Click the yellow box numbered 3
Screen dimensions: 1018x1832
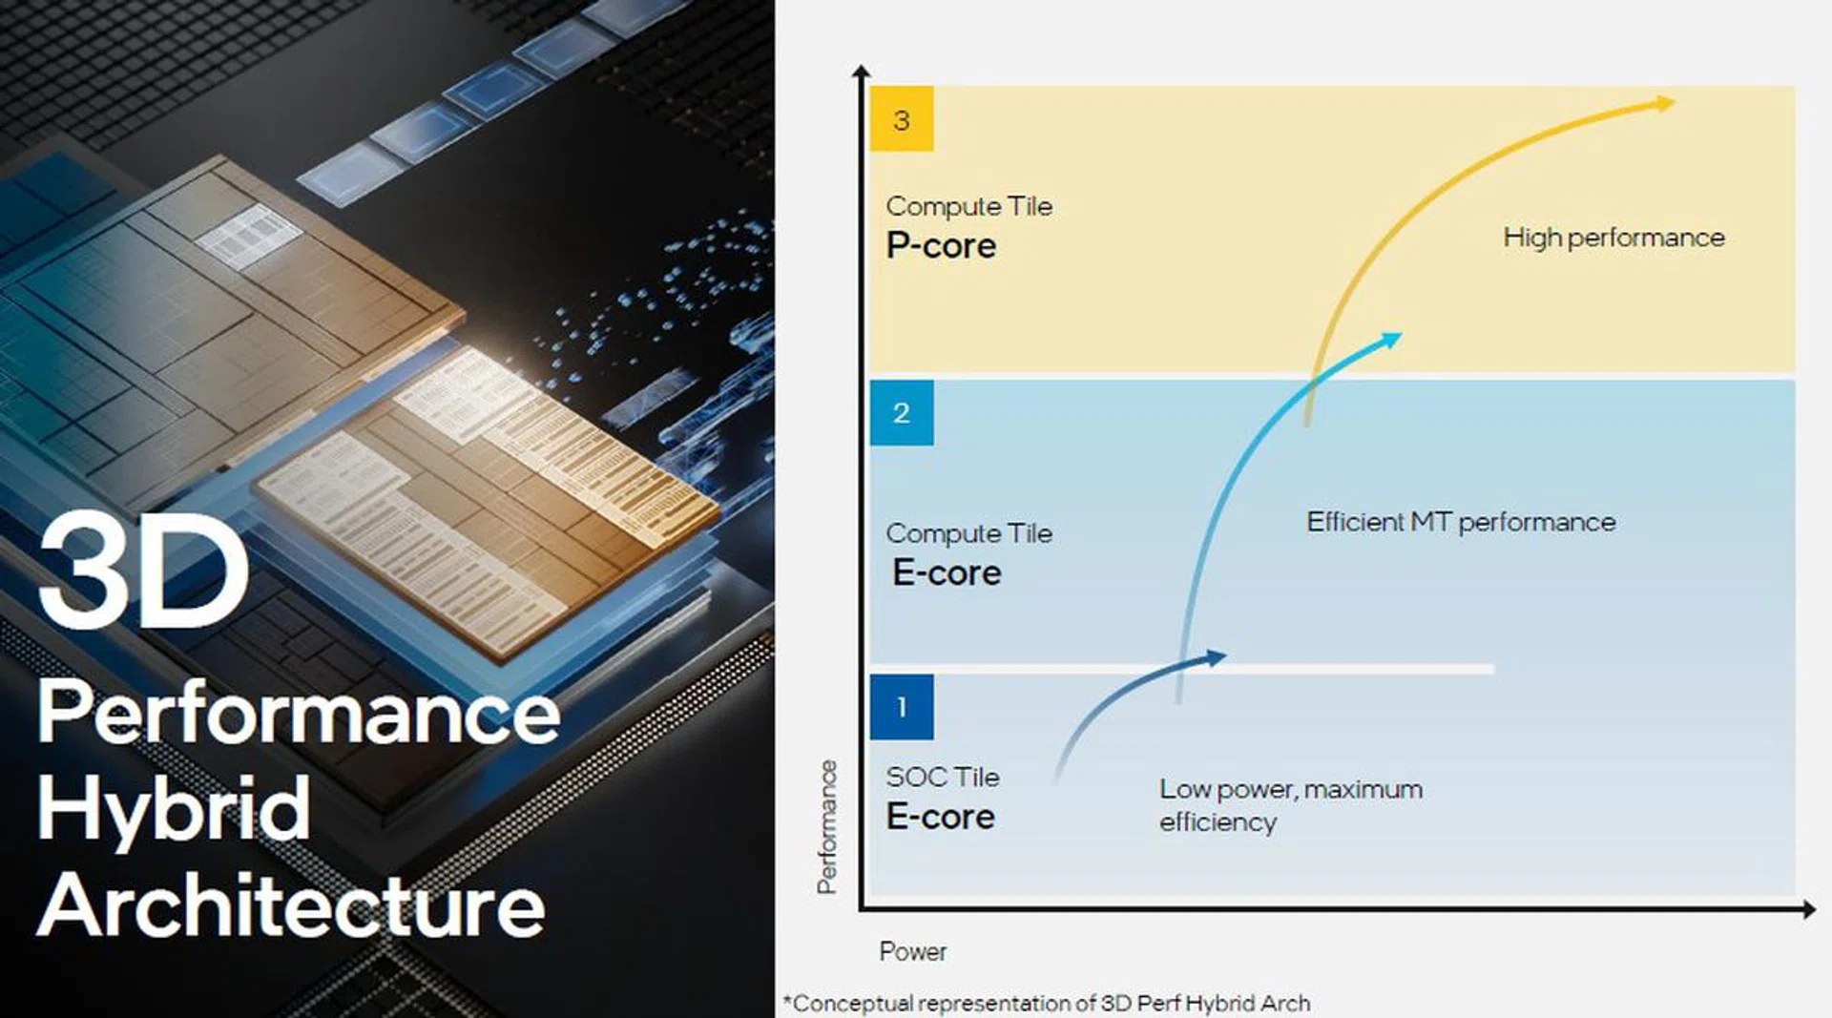click(x=901, y=119)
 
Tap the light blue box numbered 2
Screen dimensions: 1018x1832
click(x=901, y=412)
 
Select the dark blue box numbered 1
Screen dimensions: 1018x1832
click(x=901, y=707)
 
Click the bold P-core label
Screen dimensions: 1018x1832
click(x=941, y=246)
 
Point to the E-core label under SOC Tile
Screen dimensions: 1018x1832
click(x=940, y=817)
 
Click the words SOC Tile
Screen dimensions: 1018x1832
click(x=942, y=777)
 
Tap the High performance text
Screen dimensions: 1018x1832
click(x=1613, y=238)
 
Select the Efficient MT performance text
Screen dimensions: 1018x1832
click(x=1460, y=522)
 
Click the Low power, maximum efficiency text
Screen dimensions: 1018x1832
click(x=1290, y=805)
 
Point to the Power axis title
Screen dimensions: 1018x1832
click(x=912, y=951)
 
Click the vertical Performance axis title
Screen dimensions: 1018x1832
click(x=826, y=827)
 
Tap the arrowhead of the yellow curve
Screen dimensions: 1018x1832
click(x=1665, y=102)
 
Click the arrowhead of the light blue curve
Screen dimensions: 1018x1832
click(x=1392, y=339)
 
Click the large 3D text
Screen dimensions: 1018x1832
click(x=143, y=570)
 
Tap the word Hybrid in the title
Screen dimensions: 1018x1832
click(x=174, y=809)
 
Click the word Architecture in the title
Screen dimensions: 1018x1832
click(x=291, y=905)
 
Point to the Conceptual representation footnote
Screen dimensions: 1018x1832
click(x=1047, y=1004)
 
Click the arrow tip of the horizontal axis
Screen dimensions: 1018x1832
click(x=1809, y=910)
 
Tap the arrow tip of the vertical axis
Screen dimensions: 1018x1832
click(x=861, y=71)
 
